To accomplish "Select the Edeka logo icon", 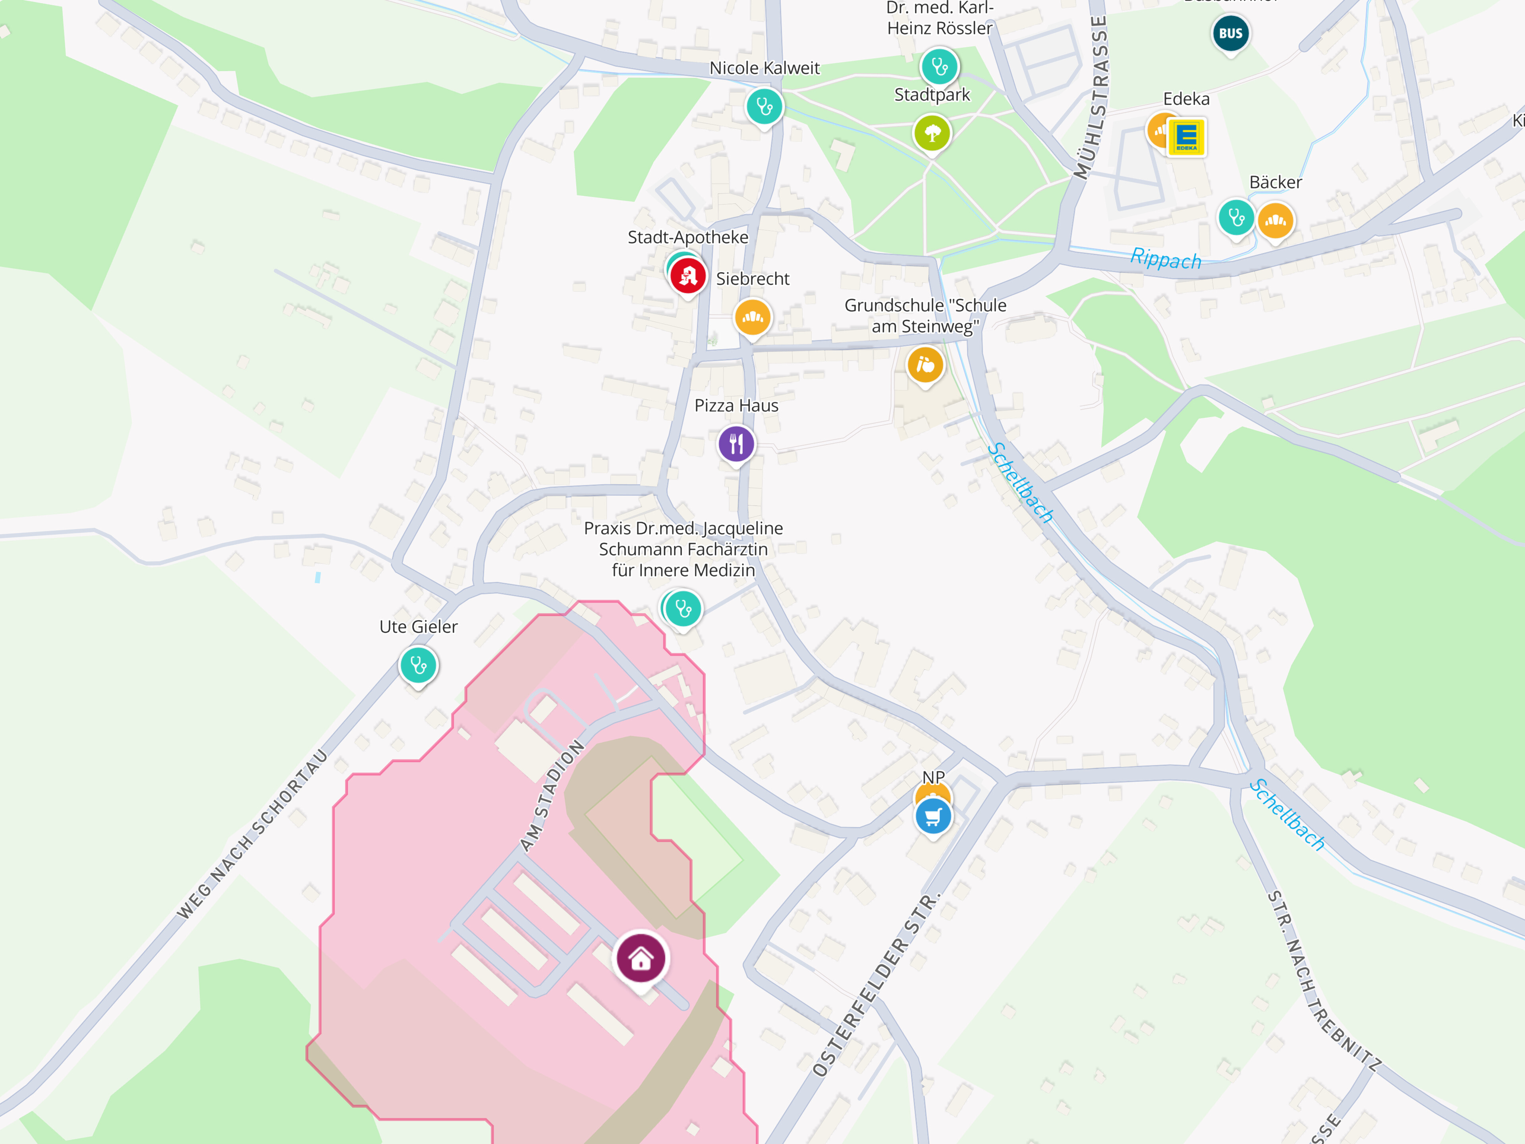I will coord(1186,137).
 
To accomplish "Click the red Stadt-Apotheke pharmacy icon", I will coord(687,276).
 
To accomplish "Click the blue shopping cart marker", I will coord(933,816).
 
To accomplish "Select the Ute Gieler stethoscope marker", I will coord(418,665).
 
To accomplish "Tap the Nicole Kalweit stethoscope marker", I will coord(764,106).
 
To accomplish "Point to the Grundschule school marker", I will coord(925,364).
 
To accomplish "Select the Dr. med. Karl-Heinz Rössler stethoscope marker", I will coord(939,66).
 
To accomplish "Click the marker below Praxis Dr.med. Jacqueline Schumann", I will coord(683,608).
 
